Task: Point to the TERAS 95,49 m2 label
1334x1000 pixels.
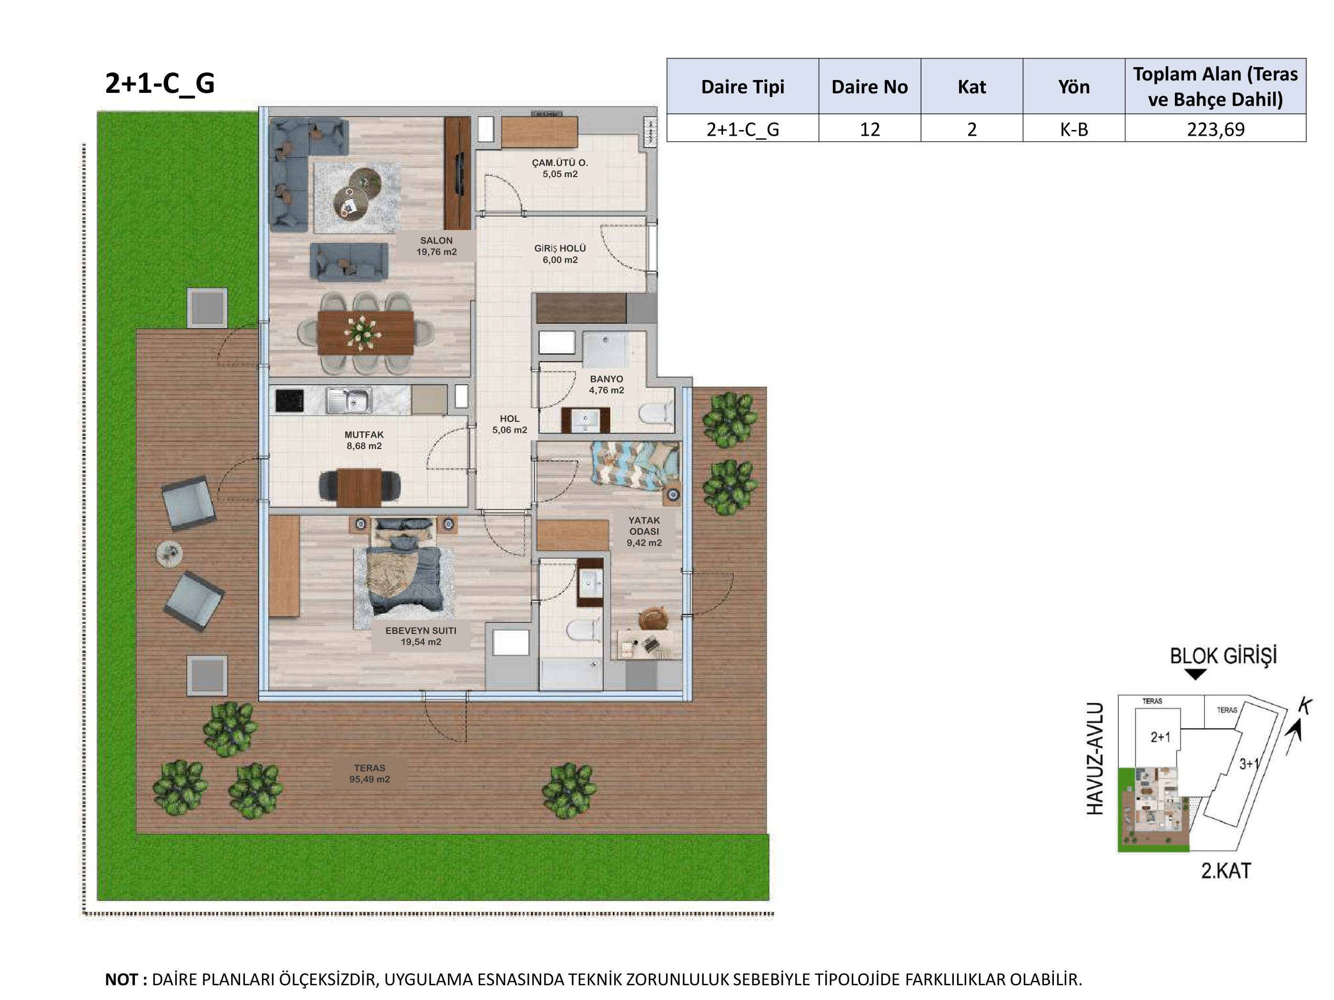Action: (369, 774)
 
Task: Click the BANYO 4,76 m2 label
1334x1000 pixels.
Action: (606, 385)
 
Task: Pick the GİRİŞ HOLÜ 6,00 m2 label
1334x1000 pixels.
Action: (560, 254)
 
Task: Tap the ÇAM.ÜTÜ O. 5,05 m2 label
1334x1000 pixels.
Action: (560, 168)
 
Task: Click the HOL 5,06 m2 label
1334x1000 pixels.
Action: (510, 424)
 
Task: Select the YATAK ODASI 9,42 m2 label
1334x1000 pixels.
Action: (644, 531)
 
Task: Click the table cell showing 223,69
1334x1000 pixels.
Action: (1215, 129)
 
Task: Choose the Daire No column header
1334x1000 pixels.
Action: (869, 87)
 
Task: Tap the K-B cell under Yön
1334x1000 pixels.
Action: (1073, 129)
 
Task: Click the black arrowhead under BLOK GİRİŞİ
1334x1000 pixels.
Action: (1195, 674)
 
